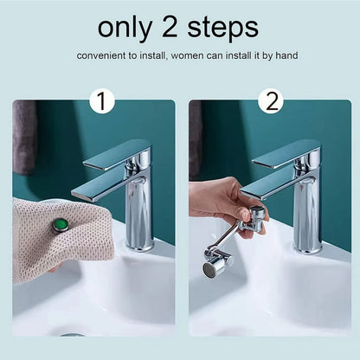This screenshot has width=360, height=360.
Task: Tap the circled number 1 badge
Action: (x=101, y=102)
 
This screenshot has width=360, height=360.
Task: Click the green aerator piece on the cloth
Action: (x=60, y=225)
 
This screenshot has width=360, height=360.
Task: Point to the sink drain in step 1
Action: (x=74, y=334)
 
